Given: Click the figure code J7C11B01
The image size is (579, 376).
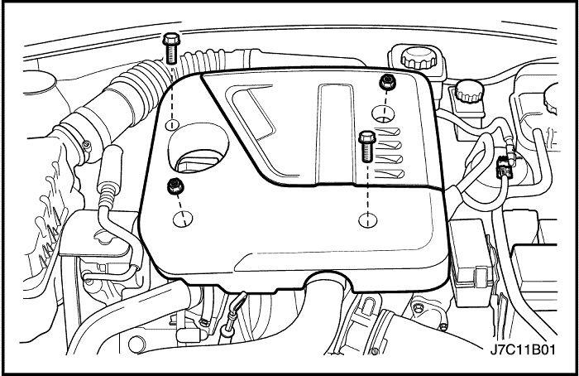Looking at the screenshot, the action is click(523, 349).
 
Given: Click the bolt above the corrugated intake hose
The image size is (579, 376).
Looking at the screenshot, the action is click(170, 48).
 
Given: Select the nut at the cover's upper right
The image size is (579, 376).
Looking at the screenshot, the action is click(387, 81).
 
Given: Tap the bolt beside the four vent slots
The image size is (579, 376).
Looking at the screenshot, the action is click(367, 147).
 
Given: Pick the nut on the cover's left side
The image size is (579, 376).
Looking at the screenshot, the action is click(175, 186).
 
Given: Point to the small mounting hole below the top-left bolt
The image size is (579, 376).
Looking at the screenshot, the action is click(172, 124).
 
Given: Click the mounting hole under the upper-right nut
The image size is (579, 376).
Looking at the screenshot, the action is click(383, 113).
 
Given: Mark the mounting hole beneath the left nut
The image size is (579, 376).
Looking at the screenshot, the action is click(183, 219).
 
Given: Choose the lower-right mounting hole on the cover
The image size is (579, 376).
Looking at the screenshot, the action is click(368, 220).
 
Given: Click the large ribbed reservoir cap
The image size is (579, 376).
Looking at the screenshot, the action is click(419, 58).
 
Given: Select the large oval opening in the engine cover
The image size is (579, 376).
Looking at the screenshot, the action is click(199, 148).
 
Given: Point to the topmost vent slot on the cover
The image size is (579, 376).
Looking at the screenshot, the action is click(388, 132).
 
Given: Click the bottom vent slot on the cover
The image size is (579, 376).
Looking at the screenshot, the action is click(390, 173).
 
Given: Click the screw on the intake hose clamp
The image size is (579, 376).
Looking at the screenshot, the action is click(86, 147).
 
